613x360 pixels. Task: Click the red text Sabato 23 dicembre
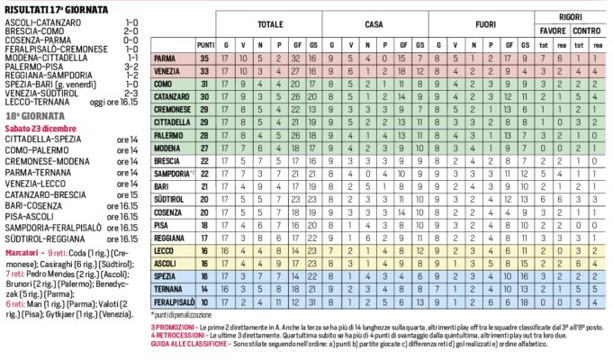pos(43,129)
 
